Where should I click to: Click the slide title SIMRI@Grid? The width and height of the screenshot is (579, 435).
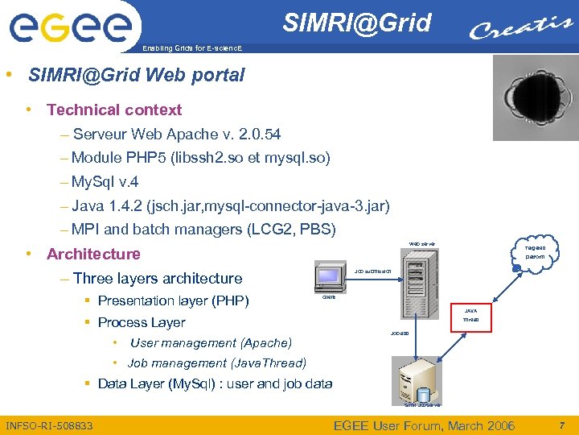pos(356,23)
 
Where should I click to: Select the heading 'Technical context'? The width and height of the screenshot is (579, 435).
pos(114,110)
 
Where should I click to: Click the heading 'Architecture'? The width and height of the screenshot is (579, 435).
pos(93,254)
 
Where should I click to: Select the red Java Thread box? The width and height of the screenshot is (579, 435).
pos(470,315)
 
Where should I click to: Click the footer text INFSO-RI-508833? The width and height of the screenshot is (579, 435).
pos(49,425)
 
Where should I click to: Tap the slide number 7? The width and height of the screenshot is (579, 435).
pos(562,425)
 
